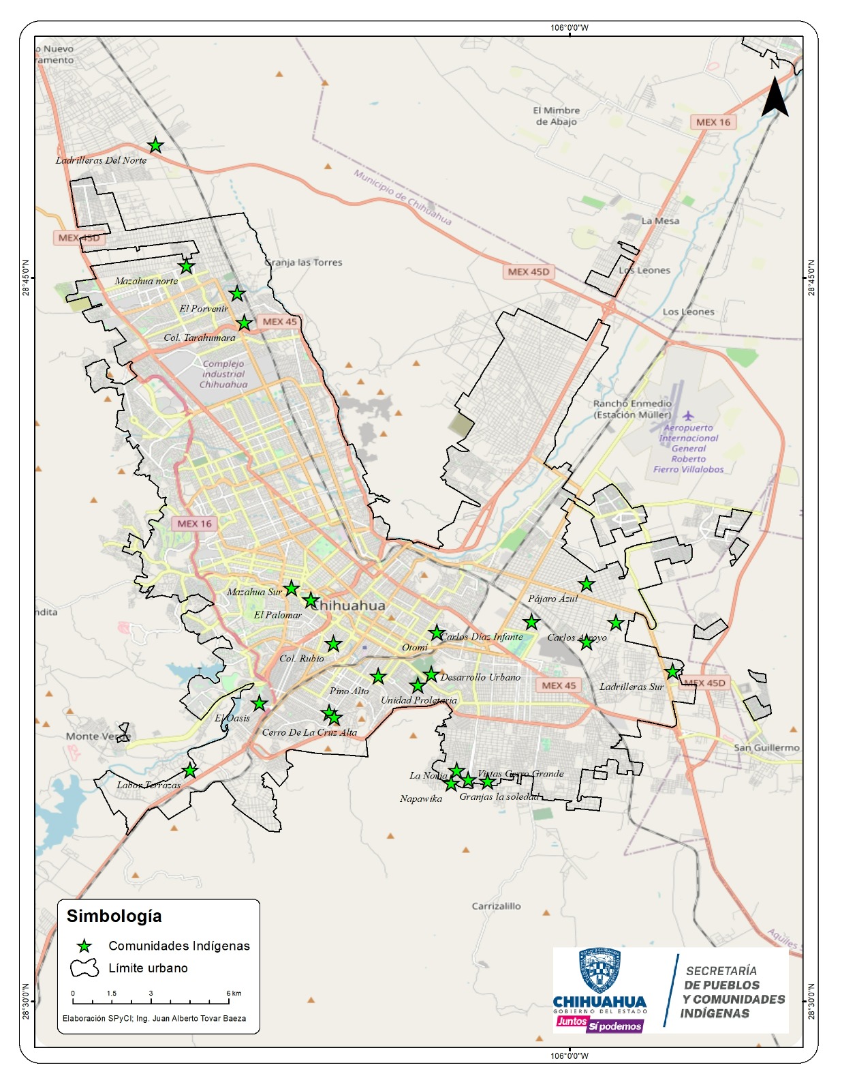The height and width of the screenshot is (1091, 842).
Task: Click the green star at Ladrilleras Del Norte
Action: click(x=155, y=145)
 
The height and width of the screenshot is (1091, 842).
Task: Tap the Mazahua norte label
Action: click(x=146, y=281)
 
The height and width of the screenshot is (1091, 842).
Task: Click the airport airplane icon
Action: click(x=688, y=415)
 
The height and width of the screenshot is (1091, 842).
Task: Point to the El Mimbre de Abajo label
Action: click(x=557, y=116)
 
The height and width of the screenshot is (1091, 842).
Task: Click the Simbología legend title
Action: click(x=114, y=916)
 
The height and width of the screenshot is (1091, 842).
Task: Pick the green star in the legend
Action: click(x=84, y=946)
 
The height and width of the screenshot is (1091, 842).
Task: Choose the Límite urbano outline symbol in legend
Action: click(x=84, y=968)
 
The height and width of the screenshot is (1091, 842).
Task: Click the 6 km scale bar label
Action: click(x=234, y=993)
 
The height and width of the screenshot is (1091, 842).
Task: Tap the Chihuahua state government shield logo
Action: click(x=599, y=970)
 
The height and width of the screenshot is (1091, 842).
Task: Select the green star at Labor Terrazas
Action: click(x=190, y=771)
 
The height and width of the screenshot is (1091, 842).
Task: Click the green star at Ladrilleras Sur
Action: click(x=672, y=672)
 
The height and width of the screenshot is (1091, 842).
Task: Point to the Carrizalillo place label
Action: click(x=496, y=906)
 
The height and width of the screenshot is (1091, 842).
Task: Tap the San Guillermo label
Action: click(x=766, y=747)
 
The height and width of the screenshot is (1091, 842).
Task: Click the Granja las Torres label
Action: click(x=303, y=263)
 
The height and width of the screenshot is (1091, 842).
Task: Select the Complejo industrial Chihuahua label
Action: click(x=223, y=374)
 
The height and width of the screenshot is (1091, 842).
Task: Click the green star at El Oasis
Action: click(x=259, y=703)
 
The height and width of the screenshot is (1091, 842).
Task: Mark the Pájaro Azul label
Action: click(x=552, y=599)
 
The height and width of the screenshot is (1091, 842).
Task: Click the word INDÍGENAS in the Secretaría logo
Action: click(x=715, y=1013)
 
